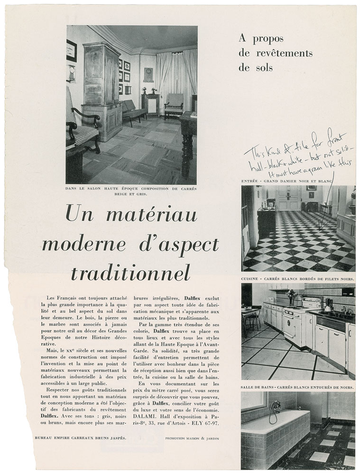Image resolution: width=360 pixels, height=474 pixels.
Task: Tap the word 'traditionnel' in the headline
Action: [x=130, y=273]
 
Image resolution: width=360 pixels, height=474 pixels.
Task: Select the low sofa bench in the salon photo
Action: [x=134, y=110]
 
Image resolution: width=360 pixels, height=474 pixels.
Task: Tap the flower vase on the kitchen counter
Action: [x=292, y=296]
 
